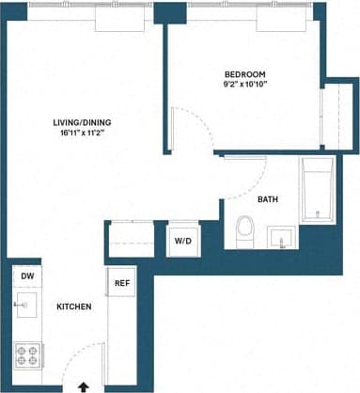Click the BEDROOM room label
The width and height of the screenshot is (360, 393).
(x=246, y=74)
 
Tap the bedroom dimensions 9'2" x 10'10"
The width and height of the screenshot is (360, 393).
(x=246, y=86)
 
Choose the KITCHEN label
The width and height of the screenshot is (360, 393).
(x=73, y=307)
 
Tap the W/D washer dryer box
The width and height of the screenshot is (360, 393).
(x=181, y=241)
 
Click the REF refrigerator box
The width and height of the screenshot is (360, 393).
(x=122, y=282)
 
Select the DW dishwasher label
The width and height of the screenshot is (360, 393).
(x=27, y=275)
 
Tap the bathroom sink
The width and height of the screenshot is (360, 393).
(x=281, y=236)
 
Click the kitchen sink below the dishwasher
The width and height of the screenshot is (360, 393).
(x=27, y=304)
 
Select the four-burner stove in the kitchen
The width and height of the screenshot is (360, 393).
(x=27, y=355)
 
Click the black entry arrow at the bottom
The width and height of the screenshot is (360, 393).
(x=84, y=385)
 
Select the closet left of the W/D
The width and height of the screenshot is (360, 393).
(x=133, y=239)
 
